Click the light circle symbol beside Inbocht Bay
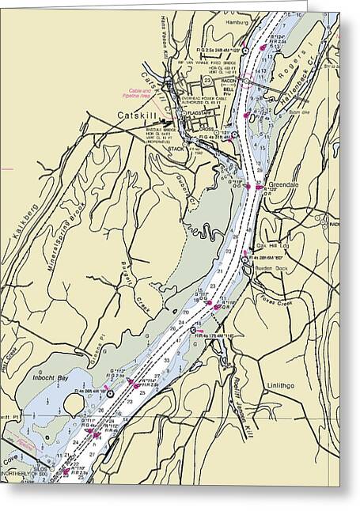coord(110,393)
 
